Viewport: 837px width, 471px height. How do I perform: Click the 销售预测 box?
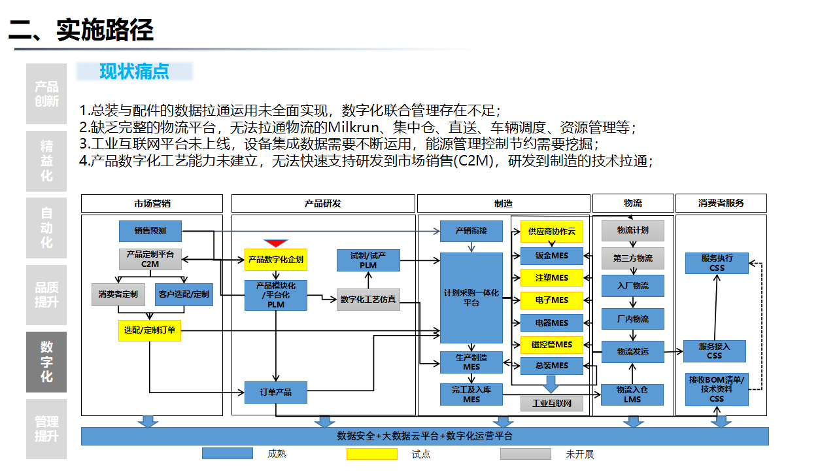(x=150, y=231)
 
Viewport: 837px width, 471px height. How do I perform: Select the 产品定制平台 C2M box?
(x=150, y=259)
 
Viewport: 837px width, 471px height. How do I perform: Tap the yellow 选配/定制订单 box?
(x=150, y=330)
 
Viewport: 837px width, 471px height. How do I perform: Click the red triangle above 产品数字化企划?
(x=276, y=243)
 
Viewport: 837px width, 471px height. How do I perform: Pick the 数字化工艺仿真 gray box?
(x=368, y=300)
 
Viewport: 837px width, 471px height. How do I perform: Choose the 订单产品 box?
(x=275, y=392)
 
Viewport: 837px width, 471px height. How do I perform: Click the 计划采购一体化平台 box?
(x=471, y=298)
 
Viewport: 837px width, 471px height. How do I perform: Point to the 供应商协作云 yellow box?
(x=551, y=232)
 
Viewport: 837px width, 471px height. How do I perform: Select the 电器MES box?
(x=551, y=323)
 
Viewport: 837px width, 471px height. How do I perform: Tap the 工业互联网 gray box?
(x=551, y=404)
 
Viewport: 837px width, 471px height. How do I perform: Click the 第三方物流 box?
(x=632, y=258)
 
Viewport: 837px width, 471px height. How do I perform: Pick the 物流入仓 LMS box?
(x=632, y=394)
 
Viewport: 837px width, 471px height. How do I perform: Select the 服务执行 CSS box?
(x=716, y=263)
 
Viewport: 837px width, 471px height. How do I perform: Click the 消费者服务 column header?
(x=721, y=203)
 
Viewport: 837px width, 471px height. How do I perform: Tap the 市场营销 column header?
(x=152, y=203)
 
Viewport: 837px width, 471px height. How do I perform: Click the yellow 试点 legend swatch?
(x=371, y=454)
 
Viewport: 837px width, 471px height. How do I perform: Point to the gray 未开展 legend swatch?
(x=526, y=454)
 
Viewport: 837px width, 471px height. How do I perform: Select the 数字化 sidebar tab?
(x=46, y=362)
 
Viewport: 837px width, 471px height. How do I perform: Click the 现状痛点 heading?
(x=134, y=71)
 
